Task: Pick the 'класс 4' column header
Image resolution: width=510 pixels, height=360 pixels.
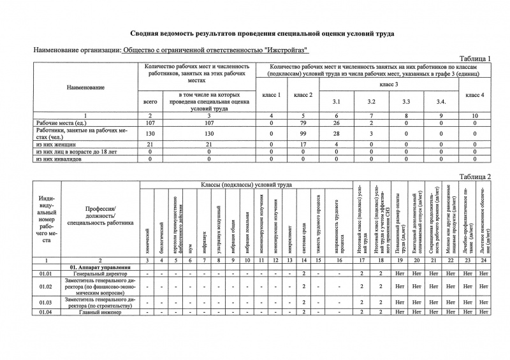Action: (475, 95)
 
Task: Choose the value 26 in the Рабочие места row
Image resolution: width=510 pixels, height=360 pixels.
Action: (337, 122)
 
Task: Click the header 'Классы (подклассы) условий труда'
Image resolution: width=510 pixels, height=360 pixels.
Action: (246, 185)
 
